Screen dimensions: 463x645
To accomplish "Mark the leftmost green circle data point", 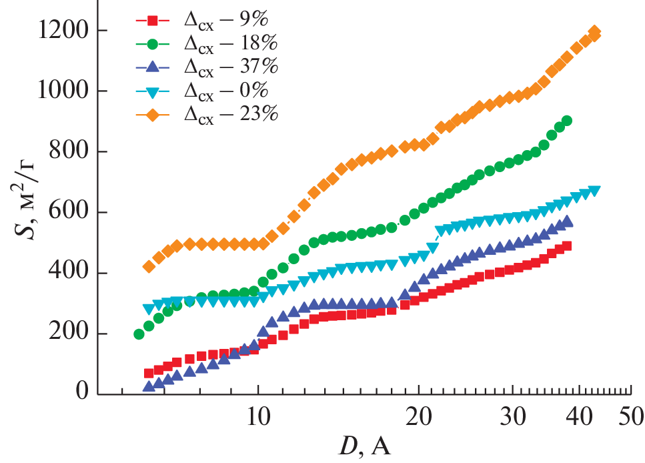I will (139, 334).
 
